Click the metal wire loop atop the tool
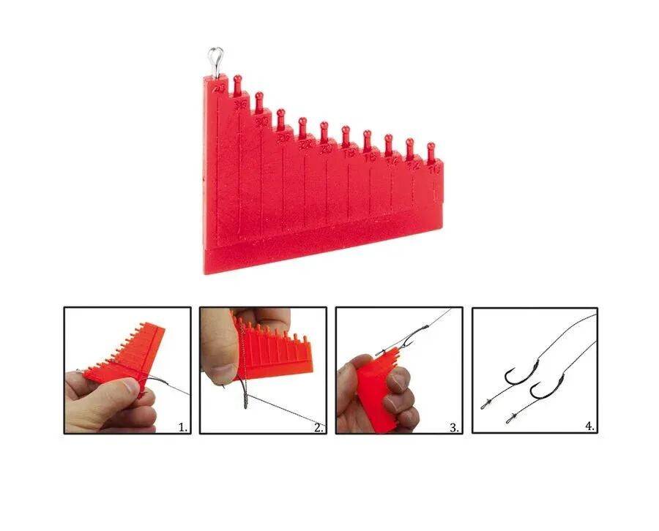click(215, 60)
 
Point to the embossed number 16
click(370, 157)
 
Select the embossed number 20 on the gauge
click(327, 149)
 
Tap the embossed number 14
click(392, 162)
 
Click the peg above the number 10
click(431, 151)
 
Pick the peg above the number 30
click(259, 102)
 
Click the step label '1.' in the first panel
click(183, 426)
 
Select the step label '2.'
click(319, 427)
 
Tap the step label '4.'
click(589, 426)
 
